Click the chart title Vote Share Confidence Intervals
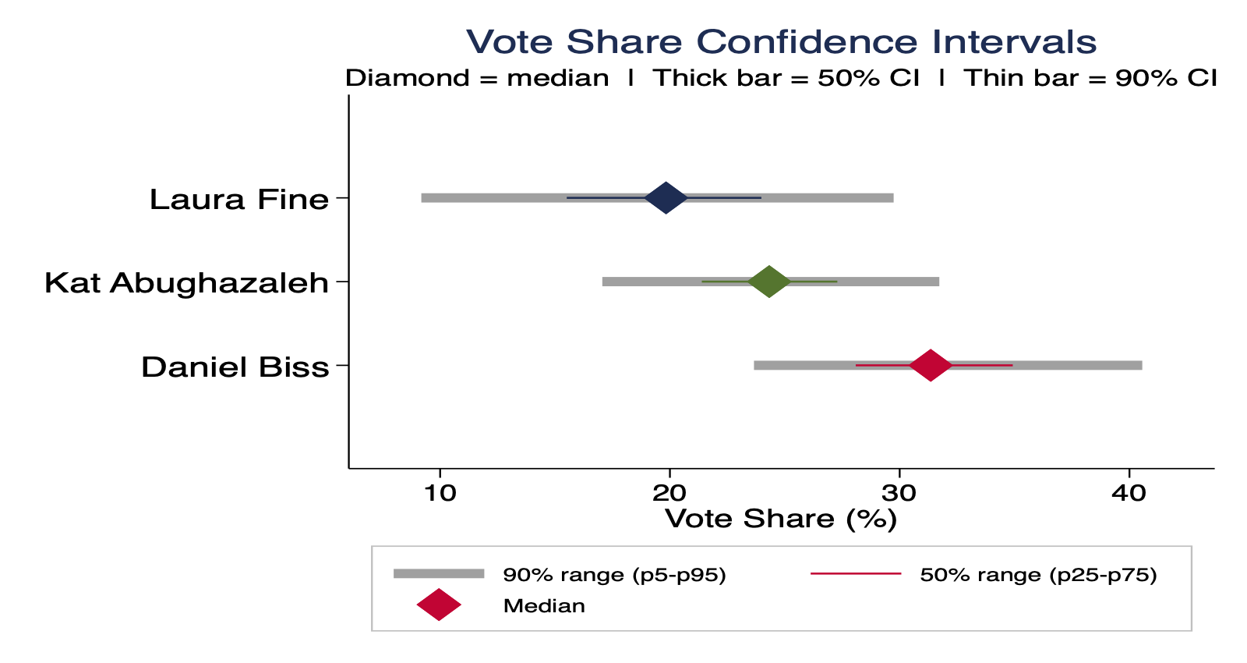click(781, 41)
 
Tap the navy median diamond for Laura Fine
click(666, 198)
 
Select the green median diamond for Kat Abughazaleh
click(769, 282)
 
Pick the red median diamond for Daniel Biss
click(931, 365)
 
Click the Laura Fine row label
click(239, 200)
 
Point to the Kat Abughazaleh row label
click(186, 283)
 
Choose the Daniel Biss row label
click(235, 367)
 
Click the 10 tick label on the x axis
click(440, 493)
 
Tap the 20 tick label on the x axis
click(669, 493)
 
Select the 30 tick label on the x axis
click(899, 493)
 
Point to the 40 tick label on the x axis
click(1129, 493)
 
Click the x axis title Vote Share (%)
click(781, 519)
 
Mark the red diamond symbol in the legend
click(439, 604)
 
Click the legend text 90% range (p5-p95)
click(614, 576)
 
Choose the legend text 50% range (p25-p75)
click(1038, 576)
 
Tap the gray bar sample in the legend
click(439, 574)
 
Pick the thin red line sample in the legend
click(856, 574)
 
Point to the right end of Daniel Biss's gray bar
click(1140, 365)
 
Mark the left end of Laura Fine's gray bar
click(423, 198)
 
